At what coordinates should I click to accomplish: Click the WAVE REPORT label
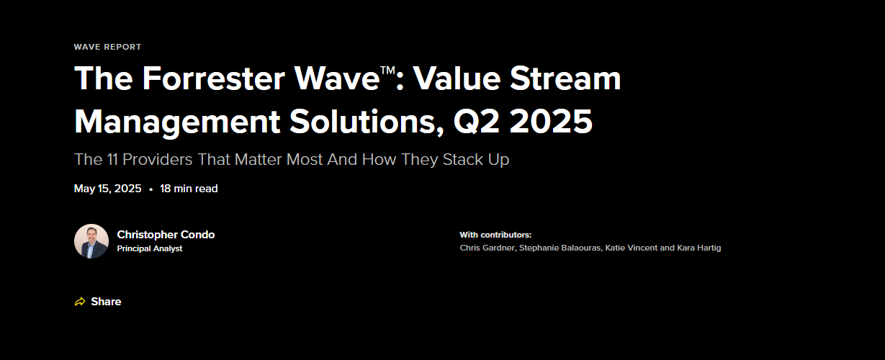(x=107, y=47)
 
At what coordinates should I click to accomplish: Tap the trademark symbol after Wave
(x=389, y=70)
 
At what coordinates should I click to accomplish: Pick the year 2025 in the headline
(x=550, y=121)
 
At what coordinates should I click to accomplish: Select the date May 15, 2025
(x=107, y=189)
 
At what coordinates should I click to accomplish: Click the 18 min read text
(x=189, y=189)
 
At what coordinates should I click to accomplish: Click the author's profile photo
(x=91, y=241)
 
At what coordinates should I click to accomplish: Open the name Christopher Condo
(x=166, y=235)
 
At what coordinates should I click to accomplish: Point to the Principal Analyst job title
(x=150, y=248)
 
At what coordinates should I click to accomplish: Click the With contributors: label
(x=495, y=235)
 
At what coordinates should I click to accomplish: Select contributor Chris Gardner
(x=487, y=248)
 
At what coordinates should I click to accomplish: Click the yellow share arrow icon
(x=80, y=302)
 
